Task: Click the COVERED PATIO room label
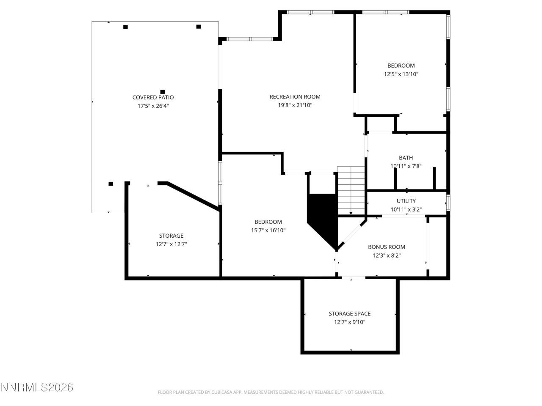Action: point(153,97)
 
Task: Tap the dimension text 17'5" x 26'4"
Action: point(153,106)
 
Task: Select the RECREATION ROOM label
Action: point(295,97)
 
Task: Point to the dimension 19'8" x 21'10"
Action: point(295,105)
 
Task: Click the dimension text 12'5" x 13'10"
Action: point(401,74)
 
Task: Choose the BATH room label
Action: point(406,158)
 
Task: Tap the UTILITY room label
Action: point(406,201)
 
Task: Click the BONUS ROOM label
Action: point(386,247)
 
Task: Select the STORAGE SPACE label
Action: point(349,313)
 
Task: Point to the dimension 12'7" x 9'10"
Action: point(349,322)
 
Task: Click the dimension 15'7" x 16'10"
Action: point(268,230)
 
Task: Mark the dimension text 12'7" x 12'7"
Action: point(171,244)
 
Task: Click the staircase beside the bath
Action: point(351,190)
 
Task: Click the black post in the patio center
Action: point(162,92)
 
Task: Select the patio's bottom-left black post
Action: point(111,184)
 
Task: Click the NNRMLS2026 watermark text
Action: point(37,387)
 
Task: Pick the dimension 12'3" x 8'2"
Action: point(386,255)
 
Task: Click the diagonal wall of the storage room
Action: point(193,195)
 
